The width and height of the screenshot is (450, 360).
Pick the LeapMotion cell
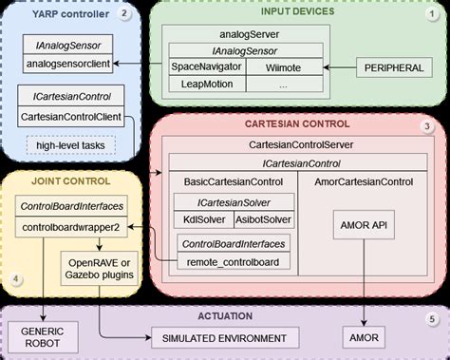[x=207, y=84]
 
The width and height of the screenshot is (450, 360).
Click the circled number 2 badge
[x=125, y=14]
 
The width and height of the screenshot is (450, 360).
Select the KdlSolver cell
[x=197, y=219]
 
